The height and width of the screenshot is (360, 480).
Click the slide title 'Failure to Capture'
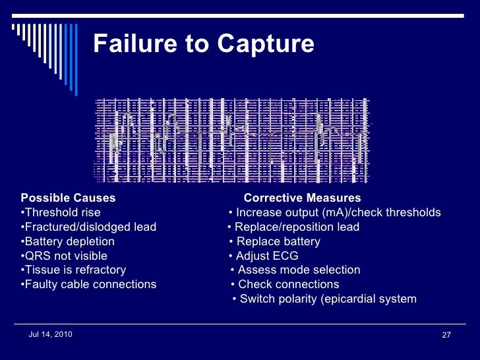[x=204, y=44]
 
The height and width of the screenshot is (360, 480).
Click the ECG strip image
[x=233, y=140]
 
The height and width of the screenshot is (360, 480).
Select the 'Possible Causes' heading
[x=68, y=198]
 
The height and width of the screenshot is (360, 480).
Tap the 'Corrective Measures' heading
[x=302, y=198]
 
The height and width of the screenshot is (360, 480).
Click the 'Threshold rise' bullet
[x=61, y=212]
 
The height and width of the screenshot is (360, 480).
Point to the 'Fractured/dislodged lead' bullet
[x=88, y=227]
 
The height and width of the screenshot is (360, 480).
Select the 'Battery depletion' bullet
[x=67, y=241]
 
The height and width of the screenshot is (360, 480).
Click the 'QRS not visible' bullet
[x=64, y=256]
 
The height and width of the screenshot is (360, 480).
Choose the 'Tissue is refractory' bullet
[x=73, y=270]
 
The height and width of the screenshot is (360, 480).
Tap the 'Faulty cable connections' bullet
[x=88, y=284]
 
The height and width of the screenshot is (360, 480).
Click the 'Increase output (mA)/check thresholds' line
[x=335, y=212]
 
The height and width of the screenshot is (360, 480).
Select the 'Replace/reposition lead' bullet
[x=294, y=227]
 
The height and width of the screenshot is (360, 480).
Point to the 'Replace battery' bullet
[x=275, y=241]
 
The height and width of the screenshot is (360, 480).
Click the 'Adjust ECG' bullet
[x=264, y=256]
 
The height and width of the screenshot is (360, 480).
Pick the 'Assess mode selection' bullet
[x=296, y=270]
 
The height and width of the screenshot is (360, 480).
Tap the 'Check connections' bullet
[x=285, y=284]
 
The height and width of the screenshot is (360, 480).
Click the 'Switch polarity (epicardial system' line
[x=325, y=299]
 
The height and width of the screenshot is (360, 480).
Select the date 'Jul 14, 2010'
[x=51, y=335]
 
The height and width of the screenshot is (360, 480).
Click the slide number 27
[x=446, y=336]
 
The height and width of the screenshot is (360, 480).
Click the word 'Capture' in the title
[x=266, y=44]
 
